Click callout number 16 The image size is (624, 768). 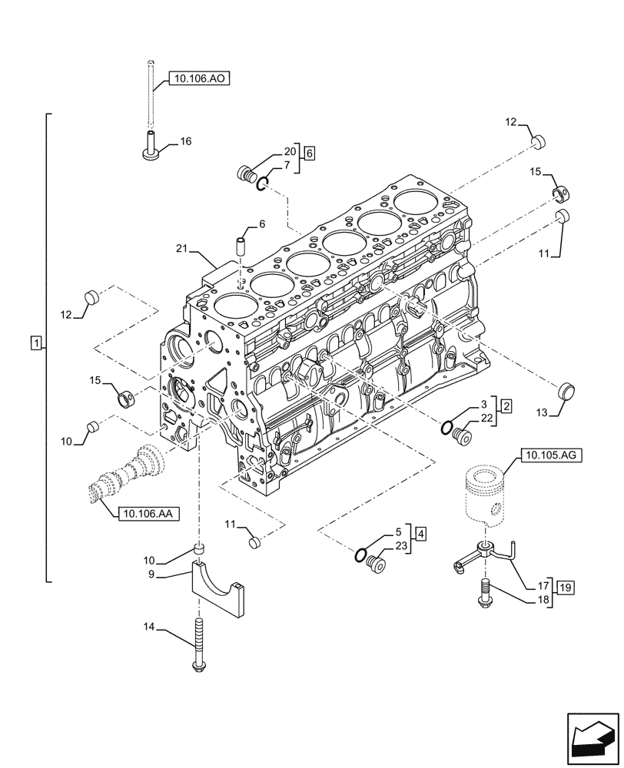tap(186, 141)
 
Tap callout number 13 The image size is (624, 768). tap(540, 413)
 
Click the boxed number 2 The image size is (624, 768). tap(508, 404)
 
